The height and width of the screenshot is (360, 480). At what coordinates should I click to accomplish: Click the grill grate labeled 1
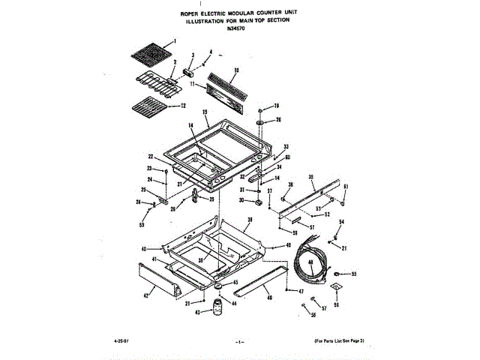[x=149, y=55]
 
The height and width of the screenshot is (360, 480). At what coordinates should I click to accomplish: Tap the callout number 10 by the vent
[x=235, y=70]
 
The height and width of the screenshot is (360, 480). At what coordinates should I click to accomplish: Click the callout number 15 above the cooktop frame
[x=205, y=112]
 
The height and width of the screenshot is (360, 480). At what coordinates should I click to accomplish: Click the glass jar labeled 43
[x=218, y=307]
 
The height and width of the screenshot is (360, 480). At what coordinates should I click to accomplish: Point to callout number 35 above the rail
[x=311, y=176]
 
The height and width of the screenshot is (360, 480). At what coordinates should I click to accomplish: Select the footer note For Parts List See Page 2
[x=339, y=341]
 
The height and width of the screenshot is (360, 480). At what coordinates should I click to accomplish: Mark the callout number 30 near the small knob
[x=242, y=201]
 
